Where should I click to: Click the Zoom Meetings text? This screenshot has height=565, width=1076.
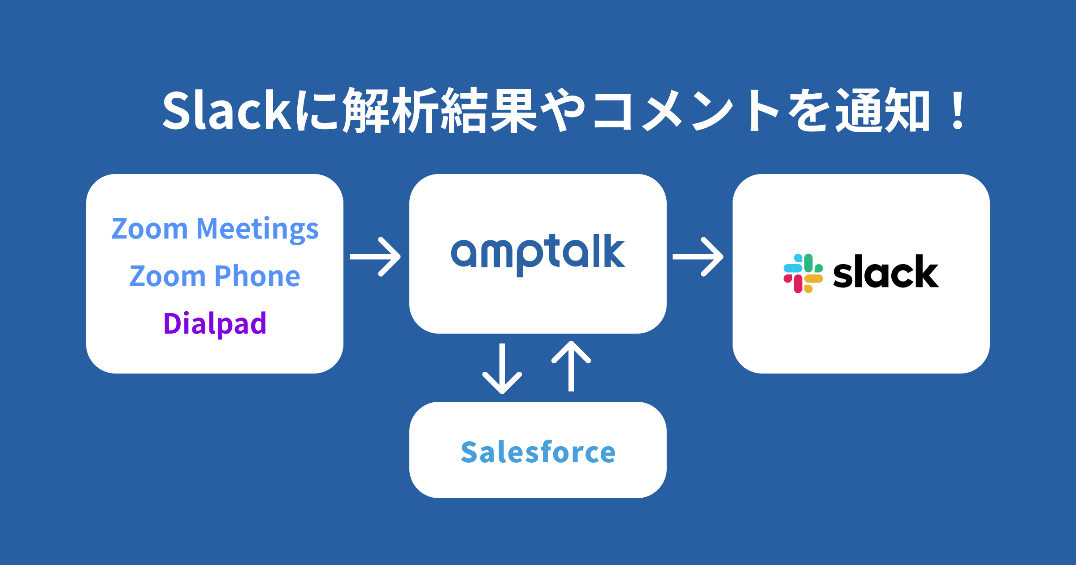pos(215,229)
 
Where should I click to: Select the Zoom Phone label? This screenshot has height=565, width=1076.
pos(215,276)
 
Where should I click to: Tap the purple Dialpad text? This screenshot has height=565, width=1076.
pos(215,324)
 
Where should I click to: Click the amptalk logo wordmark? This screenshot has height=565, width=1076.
pos(538,253)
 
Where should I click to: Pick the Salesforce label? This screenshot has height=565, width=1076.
pos(538,452)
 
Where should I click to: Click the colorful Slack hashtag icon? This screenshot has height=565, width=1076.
pos(803,274)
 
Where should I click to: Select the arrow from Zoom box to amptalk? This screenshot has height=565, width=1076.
pos(376,256)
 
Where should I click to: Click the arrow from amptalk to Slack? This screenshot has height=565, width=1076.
pos(699,256)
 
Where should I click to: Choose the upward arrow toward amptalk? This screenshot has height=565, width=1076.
pos(571,366)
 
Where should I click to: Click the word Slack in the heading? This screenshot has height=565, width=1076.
pos(226,110)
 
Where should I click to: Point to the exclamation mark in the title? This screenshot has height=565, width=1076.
pos(958,110)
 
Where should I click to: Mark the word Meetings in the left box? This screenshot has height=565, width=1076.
pos(257,229)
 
